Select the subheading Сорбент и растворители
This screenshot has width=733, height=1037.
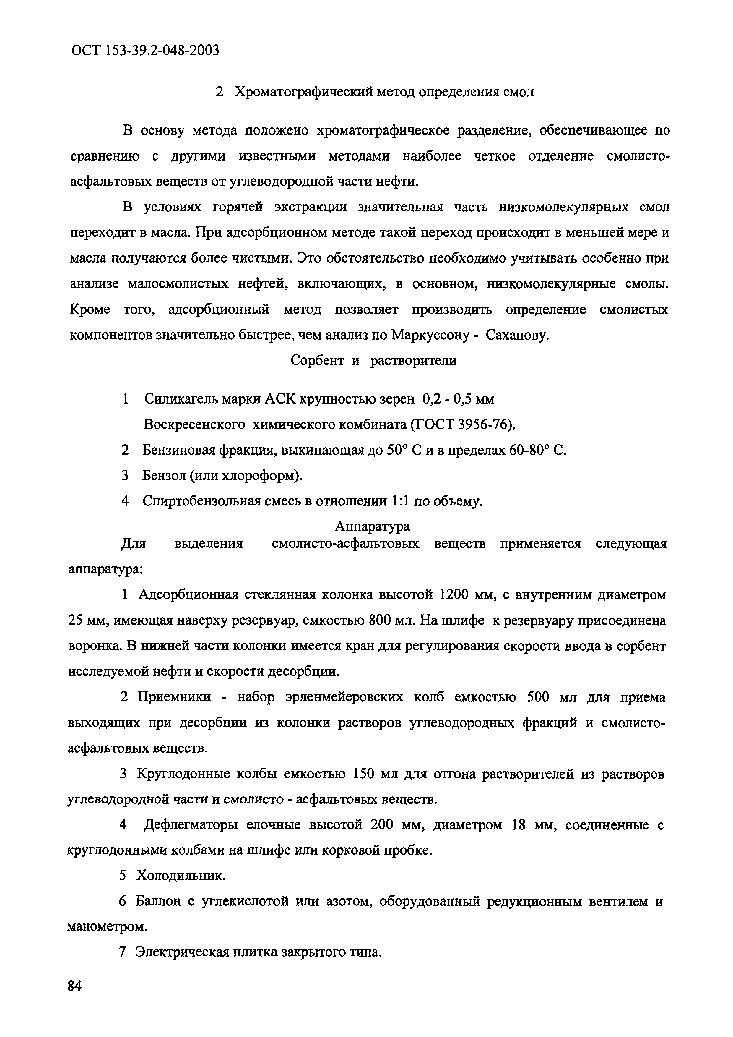(x=373, y=360)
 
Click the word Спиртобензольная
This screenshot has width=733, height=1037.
(x=202, y=501)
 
